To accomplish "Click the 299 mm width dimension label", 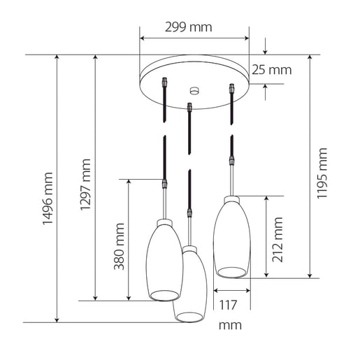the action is point(189,27).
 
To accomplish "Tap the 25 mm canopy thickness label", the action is point(272,70).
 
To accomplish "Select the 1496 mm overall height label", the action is point(48,199).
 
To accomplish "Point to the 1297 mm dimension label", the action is point(85,185).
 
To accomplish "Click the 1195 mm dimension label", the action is point(322,173).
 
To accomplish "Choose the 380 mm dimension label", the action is point(119,247).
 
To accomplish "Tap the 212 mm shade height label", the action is point(278,240).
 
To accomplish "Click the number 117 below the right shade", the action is point(228,305).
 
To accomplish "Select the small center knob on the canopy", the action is point(194,91).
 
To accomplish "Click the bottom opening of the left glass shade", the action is point(164,296).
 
